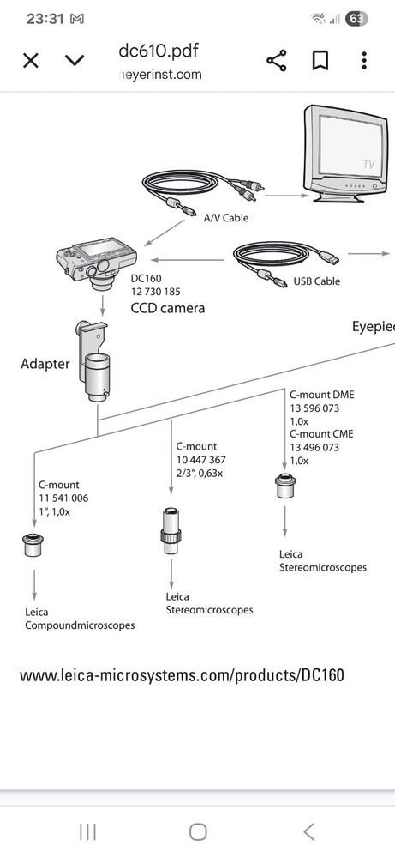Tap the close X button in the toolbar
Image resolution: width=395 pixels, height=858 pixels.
tap(31, 60)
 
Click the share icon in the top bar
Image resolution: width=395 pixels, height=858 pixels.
tap(276, 60)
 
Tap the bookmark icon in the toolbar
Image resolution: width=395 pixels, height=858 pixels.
tap(320, 60)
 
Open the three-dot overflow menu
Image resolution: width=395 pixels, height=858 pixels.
tap(364, 60)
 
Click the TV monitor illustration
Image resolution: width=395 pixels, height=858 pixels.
tap(342, 154)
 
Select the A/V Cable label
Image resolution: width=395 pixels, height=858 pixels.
tap(225, 218)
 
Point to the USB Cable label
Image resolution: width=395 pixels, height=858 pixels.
tap(316, 281)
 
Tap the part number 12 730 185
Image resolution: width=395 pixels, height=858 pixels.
tap(155, 292)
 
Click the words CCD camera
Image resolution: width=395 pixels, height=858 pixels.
tap(167, 307)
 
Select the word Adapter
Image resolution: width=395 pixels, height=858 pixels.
tap(45, 364)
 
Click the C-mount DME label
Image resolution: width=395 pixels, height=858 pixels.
tap(322, 395)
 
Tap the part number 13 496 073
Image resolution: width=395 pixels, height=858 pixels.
tap(314, 447)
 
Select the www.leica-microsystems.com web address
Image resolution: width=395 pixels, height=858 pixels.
tap(182, 674)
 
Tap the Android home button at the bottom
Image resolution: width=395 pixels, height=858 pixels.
tap(198, 831)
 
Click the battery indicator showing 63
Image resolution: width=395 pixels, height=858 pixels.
tap(356, 18)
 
